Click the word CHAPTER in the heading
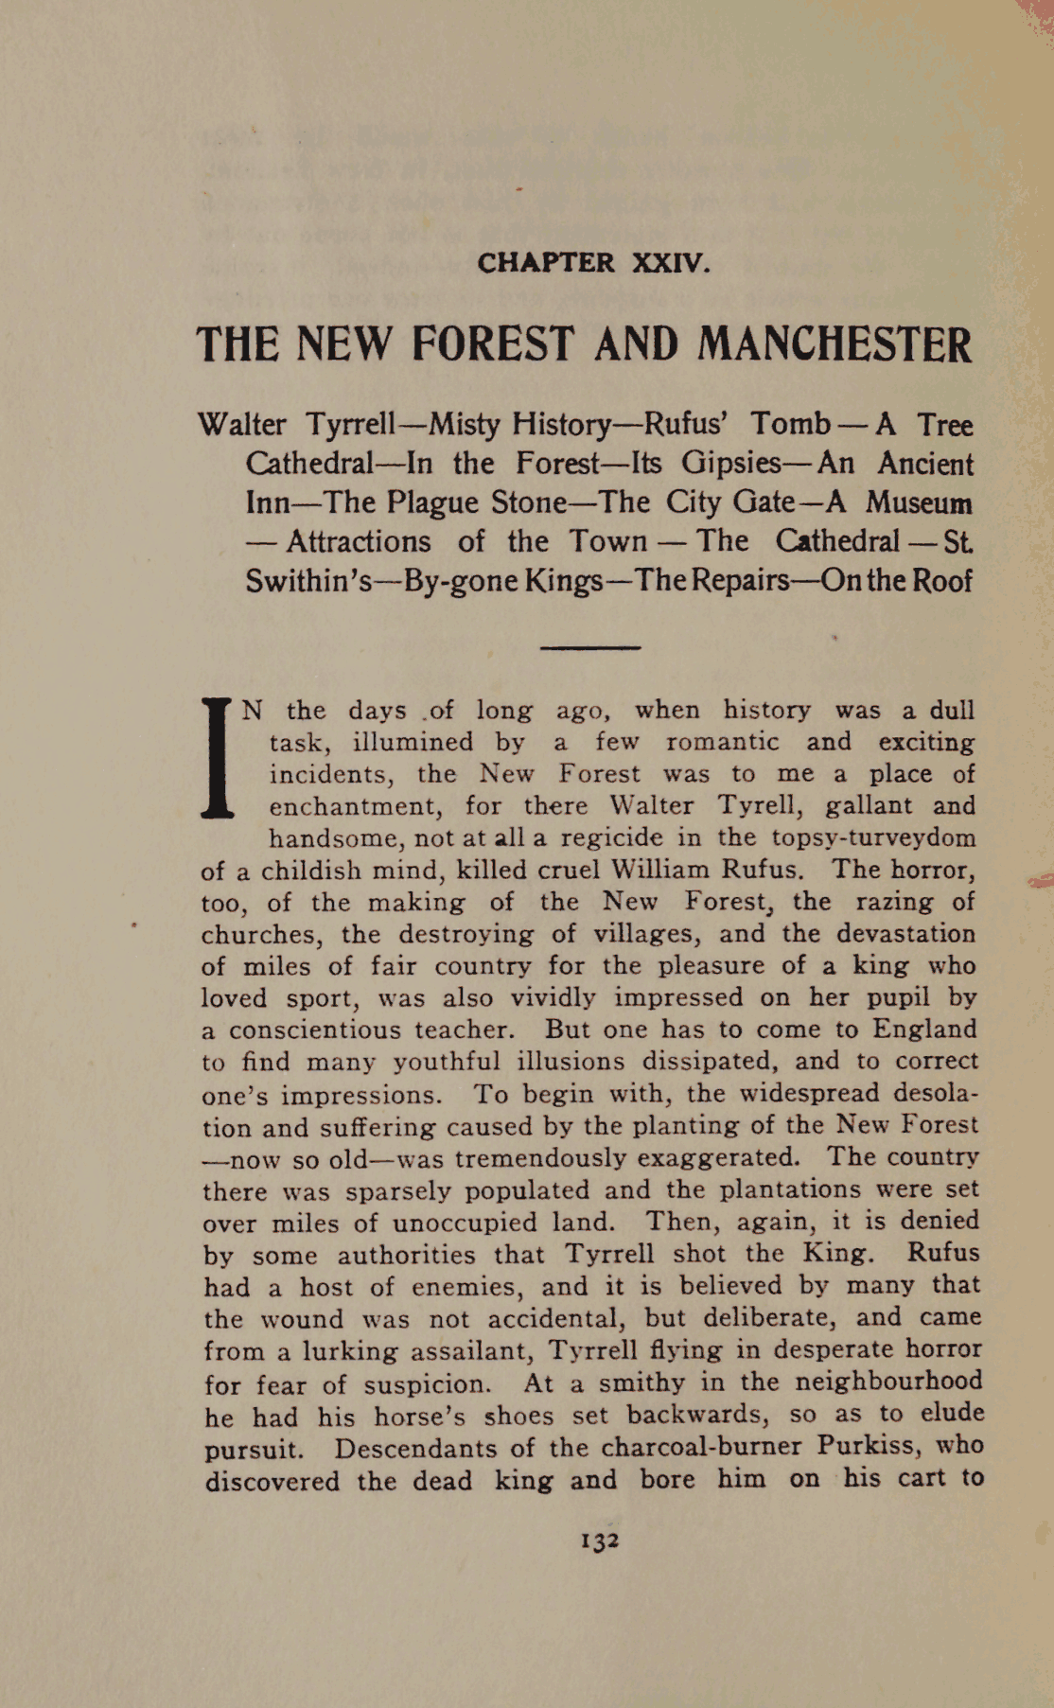pos(546,262)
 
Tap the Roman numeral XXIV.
pos(670,262)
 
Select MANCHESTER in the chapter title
pos(834,344)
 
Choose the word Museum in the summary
pos(919,502)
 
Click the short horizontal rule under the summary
pos(589,648)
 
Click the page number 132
pos(599,1541)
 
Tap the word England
pos(923,1029)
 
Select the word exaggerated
pos(717,1157)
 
